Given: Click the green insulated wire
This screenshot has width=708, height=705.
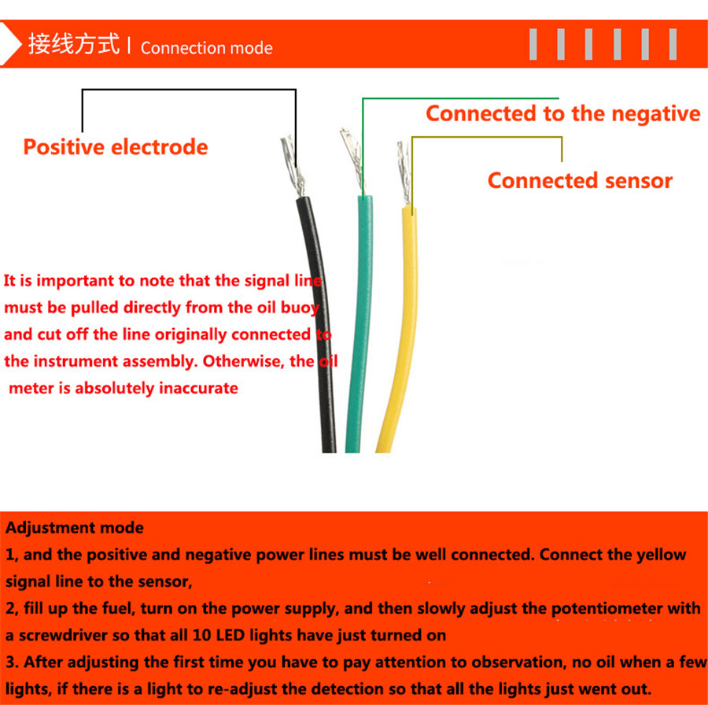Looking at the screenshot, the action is pos(360,325).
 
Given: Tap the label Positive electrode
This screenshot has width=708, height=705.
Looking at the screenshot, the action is pos(115,147).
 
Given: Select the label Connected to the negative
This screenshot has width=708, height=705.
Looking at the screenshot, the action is pos(563,113).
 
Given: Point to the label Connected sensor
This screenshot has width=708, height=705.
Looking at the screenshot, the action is pos(580,181).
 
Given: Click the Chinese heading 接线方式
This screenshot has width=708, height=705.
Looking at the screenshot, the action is pos(74,44).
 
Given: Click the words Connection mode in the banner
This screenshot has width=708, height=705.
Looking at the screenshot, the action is pos(206,48).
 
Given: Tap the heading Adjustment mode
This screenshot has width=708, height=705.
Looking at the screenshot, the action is pos(75,527).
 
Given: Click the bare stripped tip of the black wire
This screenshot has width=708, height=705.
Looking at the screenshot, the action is pos(293,166).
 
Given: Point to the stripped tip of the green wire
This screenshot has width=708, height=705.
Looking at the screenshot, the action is pos(352,161).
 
